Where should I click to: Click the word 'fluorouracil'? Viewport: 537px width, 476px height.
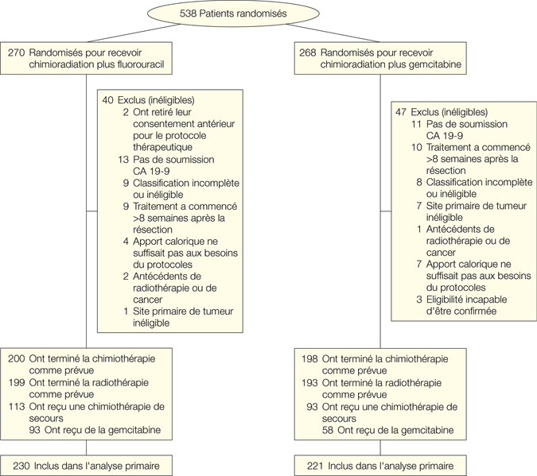(140, 64)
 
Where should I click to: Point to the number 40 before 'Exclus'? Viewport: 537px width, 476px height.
(108, 100)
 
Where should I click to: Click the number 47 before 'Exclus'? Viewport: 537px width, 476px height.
(401, 112)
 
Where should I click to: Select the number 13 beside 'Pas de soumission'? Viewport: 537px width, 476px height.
(124, 159)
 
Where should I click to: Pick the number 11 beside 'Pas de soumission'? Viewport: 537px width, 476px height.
(416, 124)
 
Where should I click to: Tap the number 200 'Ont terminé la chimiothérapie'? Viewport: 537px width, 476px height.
(16, 358)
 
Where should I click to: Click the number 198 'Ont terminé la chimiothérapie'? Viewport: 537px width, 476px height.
(309, 358)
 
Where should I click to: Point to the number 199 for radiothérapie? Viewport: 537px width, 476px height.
(16, 381)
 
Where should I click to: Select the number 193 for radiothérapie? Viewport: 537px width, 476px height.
(309, 381)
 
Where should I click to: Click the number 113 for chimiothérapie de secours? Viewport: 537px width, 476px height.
(16, 405)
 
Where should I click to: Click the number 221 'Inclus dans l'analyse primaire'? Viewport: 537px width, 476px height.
(309, 465)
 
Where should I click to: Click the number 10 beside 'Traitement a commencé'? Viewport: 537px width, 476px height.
(416, 147)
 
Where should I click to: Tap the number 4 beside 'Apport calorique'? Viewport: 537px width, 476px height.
(126, 241)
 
